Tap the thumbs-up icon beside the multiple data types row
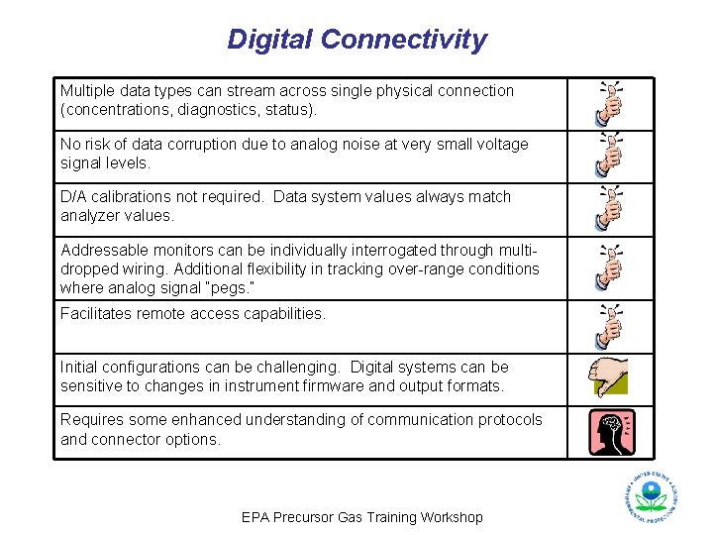coord(610,101)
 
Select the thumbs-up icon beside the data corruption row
coord(610,155)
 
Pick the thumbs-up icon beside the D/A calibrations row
coord(610,207)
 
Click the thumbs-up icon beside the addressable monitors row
coord(610,267)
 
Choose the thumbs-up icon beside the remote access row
coord(610,326)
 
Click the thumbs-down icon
coord(609,377)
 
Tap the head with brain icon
coord(610,432)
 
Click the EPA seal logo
coord(651,495)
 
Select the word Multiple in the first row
coord(87,91)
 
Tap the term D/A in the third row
coord(72,197)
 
